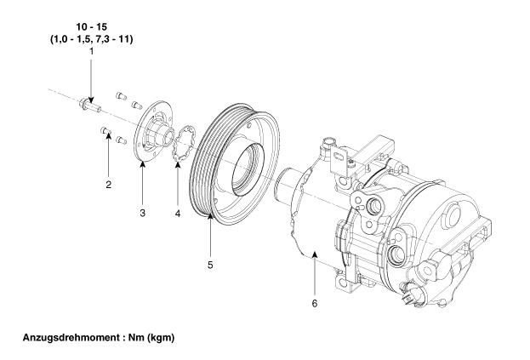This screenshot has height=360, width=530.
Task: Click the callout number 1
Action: tap(91, 52)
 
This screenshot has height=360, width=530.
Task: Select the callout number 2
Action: tap(109, 185)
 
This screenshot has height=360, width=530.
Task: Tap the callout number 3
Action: tap(143, 213)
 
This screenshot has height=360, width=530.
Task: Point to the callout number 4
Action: tap(178, 214)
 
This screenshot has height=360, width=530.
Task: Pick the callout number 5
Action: tap(210, 265)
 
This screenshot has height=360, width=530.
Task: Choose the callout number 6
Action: tap(315, 304)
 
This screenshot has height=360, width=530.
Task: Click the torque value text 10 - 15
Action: tap(92, 26)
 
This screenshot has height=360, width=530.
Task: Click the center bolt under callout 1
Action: tap(90, 105)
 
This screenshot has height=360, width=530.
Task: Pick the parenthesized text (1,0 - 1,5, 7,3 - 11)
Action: tap(92, 39)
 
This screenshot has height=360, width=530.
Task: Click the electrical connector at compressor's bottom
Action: tap(410, 295)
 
